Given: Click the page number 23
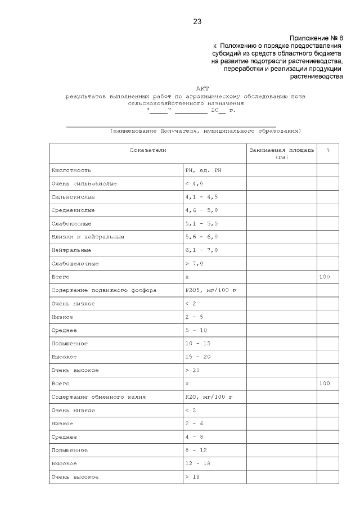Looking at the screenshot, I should pyautogui.click(x=197, y=22).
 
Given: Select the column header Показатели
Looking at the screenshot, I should pyautogui.click(x=148, y=151).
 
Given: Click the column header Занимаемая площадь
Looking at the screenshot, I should pyautogui.click(x=282, y=151).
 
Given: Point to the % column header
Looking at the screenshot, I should pyautogui.click(x=328, y=151).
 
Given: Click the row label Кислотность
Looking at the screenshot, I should pyautogui.click(x=71, y=170).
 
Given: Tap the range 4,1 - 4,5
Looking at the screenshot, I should pyautogui.click(x=201, y=197).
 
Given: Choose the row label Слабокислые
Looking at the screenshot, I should pyautogui.click(x=71, y=223).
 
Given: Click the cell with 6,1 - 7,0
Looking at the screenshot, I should pyautogui.click(x=201, y=250).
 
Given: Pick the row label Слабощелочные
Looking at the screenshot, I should pyautogui.click(x=75, y=263).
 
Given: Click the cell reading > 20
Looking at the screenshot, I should pyautogui.click(x=192, y=370).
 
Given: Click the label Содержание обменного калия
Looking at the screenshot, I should pyautogui.click(x=98, y=397).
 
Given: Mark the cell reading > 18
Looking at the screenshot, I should pyautogui.click(x=192, y=477).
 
